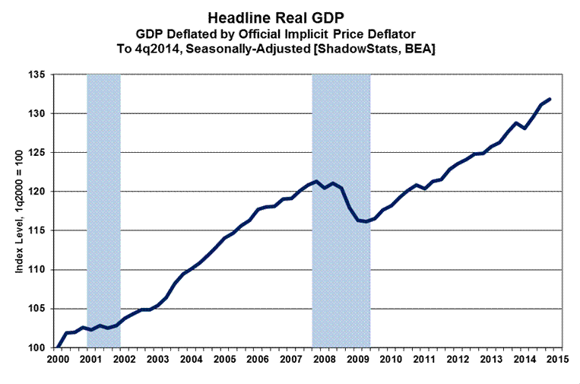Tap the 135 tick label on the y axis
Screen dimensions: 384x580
point(38,75)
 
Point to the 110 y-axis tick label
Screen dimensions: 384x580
point(38,270)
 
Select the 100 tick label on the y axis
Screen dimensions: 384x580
point(38,348)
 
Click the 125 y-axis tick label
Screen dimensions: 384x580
point(38,153)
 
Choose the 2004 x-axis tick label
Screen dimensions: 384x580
point(190,360)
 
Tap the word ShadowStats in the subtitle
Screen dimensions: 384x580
point(365,47)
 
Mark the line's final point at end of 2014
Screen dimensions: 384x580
point(550,99)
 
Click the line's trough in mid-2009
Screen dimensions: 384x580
point(366,221)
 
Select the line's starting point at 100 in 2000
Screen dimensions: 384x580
point(59,348)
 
